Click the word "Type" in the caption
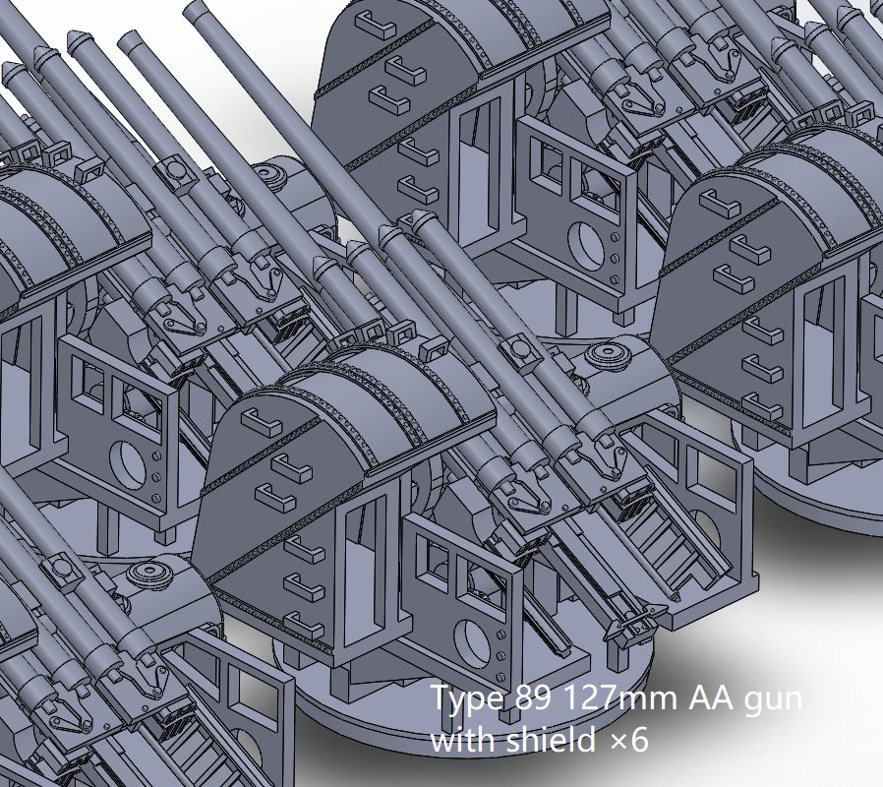click(x=468, y=699)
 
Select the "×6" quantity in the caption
click(x=629, y=741)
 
